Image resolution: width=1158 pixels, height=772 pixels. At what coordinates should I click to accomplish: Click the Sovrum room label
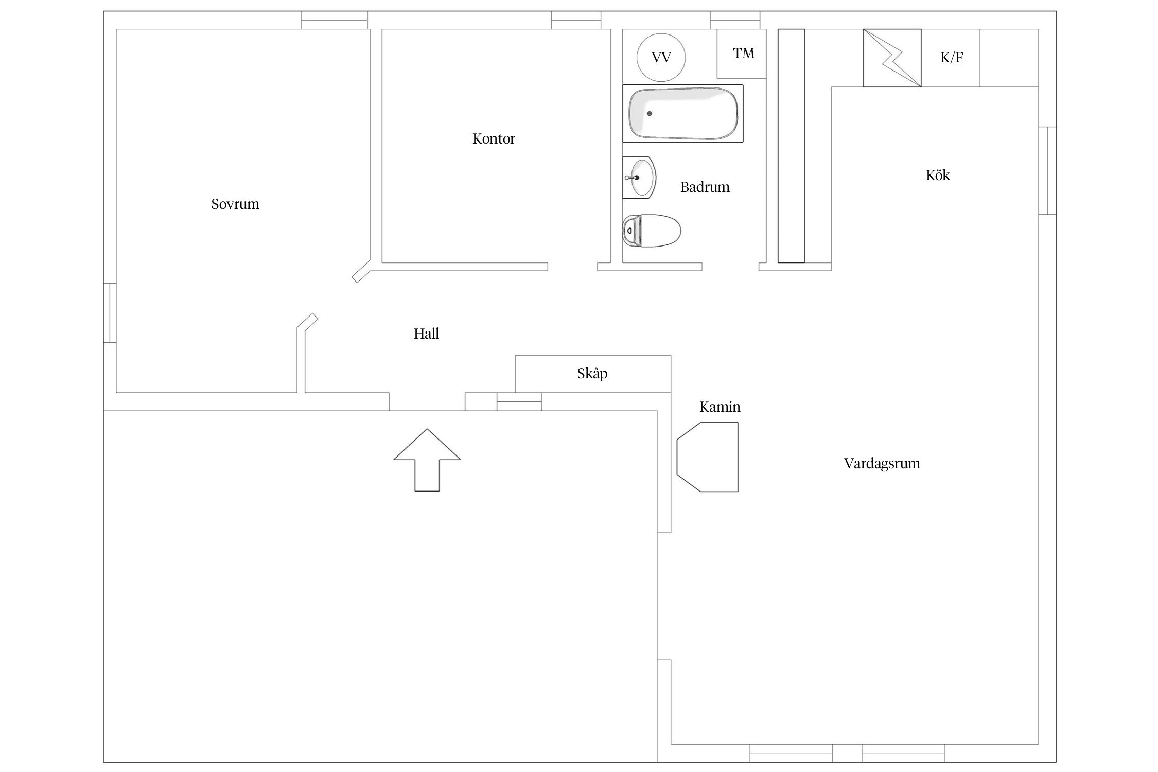click(x=235, y=204)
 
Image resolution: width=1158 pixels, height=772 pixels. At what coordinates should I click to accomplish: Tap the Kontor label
click(x=494, y=139)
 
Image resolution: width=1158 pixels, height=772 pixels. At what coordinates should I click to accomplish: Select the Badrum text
click(x=705, y=187)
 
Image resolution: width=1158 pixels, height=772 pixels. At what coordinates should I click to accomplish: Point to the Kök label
click(x=938, y=175)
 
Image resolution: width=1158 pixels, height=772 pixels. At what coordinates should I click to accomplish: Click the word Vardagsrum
click(x=882, y=464)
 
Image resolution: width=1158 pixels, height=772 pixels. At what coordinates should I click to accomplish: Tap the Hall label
click(x=426, y=334)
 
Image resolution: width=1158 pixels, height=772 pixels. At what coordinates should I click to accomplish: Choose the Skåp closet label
click(x=592, y=373)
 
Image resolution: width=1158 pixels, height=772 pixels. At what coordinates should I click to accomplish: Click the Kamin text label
click(x=720, y=407)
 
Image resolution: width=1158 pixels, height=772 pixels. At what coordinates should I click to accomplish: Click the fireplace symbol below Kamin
click(x=707, y=457)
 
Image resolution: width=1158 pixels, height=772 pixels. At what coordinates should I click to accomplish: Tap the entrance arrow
click(x=427, y=460)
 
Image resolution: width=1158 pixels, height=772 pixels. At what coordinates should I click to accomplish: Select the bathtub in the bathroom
click(x=683, y=114)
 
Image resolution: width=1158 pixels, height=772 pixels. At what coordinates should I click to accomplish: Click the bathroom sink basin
click(x=639, y=178)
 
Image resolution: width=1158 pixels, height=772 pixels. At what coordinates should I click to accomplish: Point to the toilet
click(x=651, y=231)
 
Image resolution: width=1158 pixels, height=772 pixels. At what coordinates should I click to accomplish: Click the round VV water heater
click(x=661, y=57)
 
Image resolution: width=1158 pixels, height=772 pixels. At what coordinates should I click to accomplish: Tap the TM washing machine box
click(x=742, y=54)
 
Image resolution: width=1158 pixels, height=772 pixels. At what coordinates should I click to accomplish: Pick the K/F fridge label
click(x=952, y=58)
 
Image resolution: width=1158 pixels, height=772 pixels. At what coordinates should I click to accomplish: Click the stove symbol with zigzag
click(x=892, y=58)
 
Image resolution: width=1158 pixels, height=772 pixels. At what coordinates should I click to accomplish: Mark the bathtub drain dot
click(x=649, y=113)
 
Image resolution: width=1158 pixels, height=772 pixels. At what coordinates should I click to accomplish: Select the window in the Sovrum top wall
click(x=335, y=20)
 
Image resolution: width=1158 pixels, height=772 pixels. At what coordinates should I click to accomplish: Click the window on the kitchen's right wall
click(x=1047, y=170)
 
